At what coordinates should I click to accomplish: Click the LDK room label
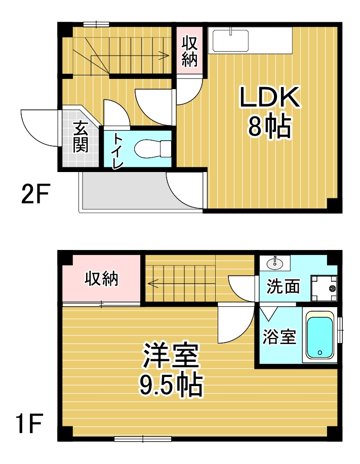(270, 97)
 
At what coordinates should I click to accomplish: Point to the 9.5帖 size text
(171, 385)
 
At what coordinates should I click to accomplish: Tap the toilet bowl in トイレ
(153, 149)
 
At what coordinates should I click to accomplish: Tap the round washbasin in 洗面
(275, 263)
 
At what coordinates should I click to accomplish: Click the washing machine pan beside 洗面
(324, 288)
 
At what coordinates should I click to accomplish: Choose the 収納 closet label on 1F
(102, 279)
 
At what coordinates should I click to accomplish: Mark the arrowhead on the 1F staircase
(151, 283)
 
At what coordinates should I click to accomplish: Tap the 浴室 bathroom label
(279, 336)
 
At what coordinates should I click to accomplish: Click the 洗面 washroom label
(283, 286)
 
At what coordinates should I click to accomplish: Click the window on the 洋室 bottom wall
(143, 439)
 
